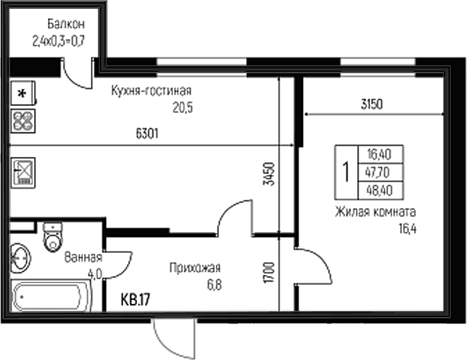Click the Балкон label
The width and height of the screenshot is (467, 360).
point(66,25)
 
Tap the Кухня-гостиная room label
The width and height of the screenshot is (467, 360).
point(151,90)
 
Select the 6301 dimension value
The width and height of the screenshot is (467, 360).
point(146,133)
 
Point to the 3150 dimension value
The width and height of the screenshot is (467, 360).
point(372,103)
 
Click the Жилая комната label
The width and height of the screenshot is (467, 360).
point(375,212)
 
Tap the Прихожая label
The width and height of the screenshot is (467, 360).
point(195,267)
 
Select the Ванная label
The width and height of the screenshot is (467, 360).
point(83,257)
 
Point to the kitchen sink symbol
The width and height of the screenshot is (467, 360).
point(23,171)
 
